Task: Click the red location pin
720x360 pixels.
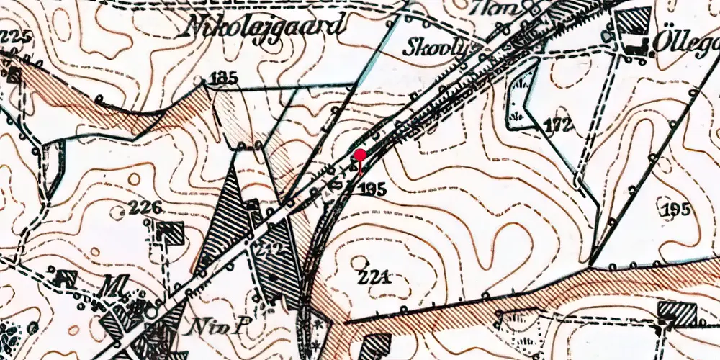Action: (x=359, y=156)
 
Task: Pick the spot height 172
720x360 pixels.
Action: (x=557, y=125)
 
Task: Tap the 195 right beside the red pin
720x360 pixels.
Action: (x=372, y=189)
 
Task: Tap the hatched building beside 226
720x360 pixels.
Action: (x=170, y=233)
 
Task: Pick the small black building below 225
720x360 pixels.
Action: (x=12, y=74)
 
